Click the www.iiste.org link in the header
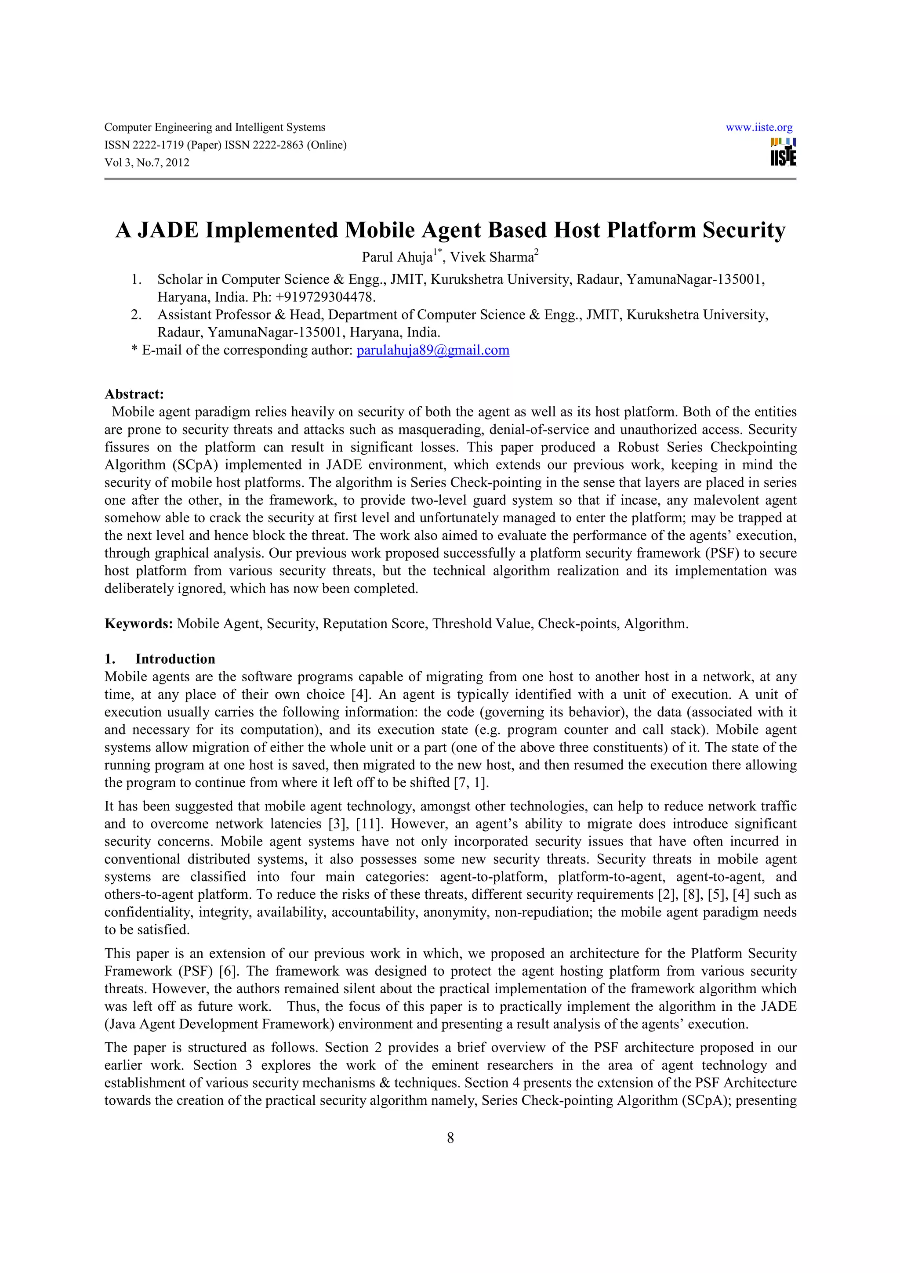pyautogui.click(x=758, y=127)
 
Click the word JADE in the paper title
pyautogui.click(x=167, y=230)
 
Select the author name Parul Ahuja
pyautogui.click(x=396, y=257)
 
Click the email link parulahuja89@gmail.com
pyautogui.click(x=432, y=351)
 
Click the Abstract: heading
pyautogui.click(x=134, y=394)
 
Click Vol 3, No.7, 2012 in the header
pyautogui.click(x=147, y=163)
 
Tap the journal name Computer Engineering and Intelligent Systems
pyautogui.click(x=214, y=127)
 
